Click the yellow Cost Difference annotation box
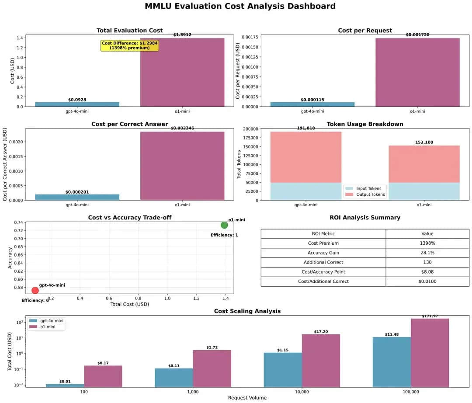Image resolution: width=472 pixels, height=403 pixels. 129,45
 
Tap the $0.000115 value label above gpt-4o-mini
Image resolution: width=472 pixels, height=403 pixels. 312,100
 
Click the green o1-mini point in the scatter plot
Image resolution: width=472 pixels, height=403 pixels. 224,225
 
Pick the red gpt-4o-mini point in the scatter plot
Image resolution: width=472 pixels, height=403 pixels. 35,290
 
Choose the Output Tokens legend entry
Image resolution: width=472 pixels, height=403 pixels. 364,195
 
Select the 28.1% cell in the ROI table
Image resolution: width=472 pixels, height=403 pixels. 427,253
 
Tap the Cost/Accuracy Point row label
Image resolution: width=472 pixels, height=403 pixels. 323,272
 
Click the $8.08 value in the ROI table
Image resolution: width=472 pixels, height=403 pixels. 427,272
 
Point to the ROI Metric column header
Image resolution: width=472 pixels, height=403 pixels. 323,234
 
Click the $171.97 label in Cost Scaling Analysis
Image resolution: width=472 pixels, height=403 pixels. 430,316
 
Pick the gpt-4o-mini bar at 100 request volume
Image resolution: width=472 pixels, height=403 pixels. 65,386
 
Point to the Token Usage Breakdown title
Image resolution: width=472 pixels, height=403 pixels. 364,124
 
